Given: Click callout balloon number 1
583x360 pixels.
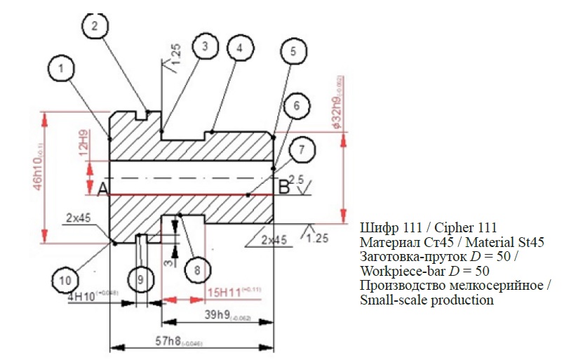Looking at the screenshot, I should (x=62, y=69).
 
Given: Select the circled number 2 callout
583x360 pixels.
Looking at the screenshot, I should (x=94, y=25).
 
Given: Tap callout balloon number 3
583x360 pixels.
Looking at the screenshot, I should (x=204, y=46).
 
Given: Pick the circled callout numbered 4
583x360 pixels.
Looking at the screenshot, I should (x=239, y=48).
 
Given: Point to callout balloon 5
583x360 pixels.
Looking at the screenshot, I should (x=293, y=51).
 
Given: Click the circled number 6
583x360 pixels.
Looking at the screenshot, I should (x=296, y=106).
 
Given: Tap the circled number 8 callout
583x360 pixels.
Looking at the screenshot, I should (x=197, y=269).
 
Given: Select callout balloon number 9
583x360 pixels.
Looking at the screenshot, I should (x=140, y=280).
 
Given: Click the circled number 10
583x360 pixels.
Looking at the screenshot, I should (x=65, y=280).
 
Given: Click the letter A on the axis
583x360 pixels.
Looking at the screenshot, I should (x=101, y=189).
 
